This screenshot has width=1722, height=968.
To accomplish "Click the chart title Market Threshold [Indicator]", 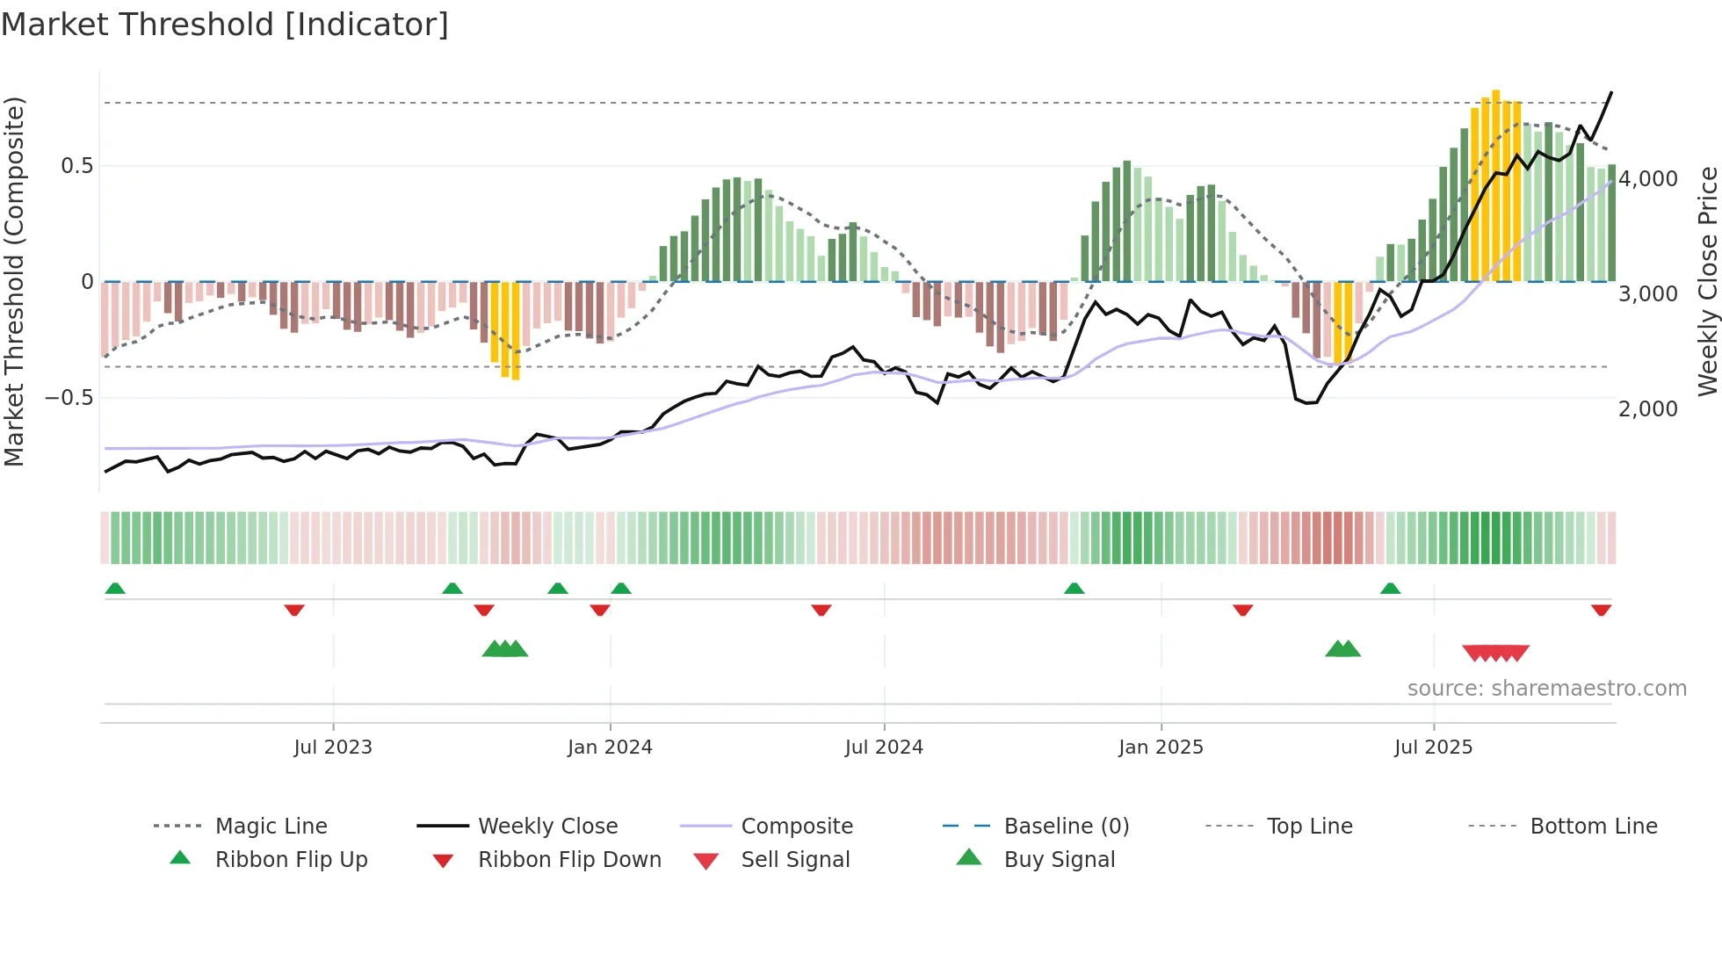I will pos(225,25).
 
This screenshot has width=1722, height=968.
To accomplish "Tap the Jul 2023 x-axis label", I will pos(333,748).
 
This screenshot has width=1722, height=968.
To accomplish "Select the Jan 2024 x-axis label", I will pos(610,748).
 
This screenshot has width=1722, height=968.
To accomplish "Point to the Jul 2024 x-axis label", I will pos(884,748).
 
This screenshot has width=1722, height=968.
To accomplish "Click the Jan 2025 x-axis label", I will pos(1161,748).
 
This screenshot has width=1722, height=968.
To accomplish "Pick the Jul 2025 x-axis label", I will pos(1433,748).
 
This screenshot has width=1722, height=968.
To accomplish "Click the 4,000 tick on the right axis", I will pos(1648,179).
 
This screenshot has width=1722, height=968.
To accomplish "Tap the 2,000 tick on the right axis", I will pos(1648,409).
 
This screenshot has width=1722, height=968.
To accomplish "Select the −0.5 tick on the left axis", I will pos(69,398).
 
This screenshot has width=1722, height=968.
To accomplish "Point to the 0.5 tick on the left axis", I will pos(77,166).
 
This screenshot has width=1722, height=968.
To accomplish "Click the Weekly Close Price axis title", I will pos(1707,281).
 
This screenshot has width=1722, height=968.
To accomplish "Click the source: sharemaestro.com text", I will pos(1546,689).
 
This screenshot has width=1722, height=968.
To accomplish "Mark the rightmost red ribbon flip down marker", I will pos(1601,610).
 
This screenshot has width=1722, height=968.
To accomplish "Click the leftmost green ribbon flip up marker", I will pos(115,589).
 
